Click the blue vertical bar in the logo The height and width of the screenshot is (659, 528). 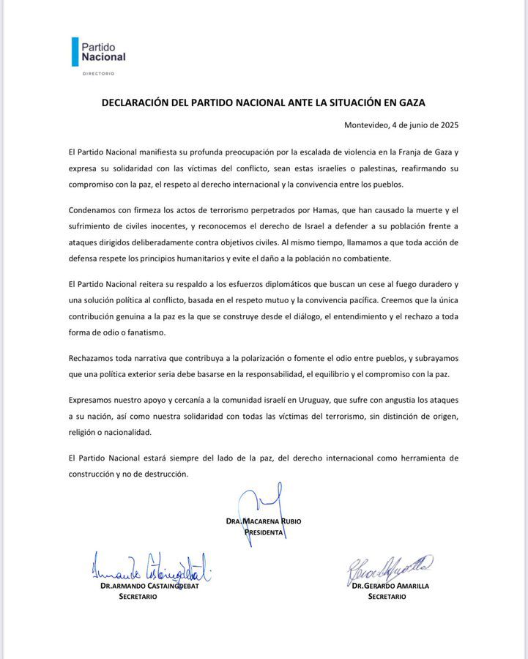click(x=74, y=51)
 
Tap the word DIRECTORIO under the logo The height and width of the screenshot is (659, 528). click(x=98, y=73)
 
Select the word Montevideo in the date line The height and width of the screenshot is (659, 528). click(x=371, y=125)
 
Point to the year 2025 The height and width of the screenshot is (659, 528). click(x=447, y=125)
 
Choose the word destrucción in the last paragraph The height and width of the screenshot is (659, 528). click(x=164, y=474)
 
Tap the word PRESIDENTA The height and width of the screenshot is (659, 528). click(x=264, y=532)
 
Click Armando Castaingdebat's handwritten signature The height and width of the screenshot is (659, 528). click(x=150, y=568)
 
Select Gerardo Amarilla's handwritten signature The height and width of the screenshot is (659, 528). click(x=390, y=568)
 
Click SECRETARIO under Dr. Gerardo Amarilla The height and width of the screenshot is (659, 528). click(x=387, y=597)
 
